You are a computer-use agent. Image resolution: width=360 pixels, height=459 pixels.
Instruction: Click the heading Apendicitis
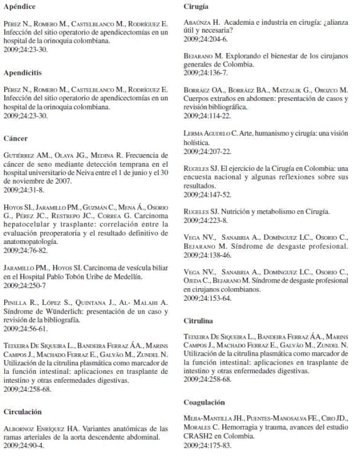coord(22,72)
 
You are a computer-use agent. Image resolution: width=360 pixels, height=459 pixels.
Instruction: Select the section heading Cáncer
coord(16,138)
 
